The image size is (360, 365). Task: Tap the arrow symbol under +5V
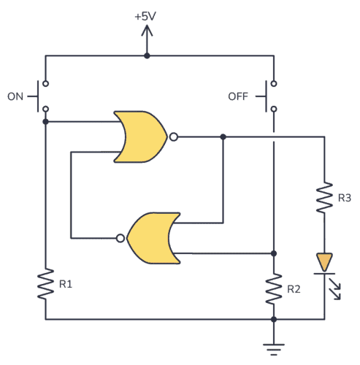click(147, 33)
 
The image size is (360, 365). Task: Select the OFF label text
click(239, 96)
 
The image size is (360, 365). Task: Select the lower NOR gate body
click(154, 237)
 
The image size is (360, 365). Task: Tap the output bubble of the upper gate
click(172, 137)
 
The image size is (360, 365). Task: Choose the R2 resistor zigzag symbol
click(274, 288)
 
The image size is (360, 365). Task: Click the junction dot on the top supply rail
click(147, 55)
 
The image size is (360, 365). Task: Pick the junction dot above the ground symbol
click(274, 319)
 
